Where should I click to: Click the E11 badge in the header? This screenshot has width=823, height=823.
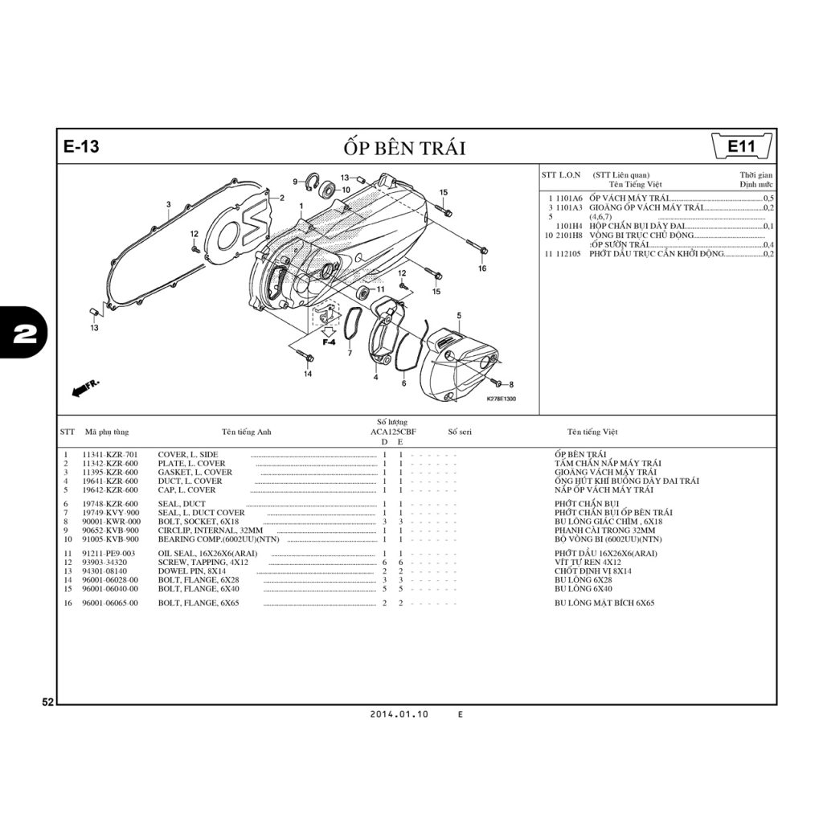point(740,147)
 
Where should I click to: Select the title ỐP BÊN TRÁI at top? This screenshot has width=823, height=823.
point(403,148)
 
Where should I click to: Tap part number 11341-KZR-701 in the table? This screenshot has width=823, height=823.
point(110,455)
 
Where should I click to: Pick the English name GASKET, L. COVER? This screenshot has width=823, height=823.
point(194,473)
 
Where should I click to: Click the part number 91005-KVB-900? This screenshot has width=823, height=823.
point(110,539)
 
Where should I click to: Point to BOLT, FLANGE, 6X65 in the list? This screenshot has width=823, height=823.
point(198,603)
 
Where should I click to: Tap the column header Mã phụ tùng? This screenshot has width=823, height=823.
point(106,432)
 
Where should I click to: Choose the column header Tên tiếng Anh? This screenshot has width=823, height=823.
point(247,432)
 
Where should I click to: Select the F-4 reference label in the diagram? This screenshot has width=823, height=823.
point(329,342)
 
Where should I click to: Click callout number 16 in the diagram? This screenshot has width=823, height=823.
point(482,268)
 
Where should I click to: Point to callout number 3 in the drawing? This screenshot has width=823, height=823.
point(168,204)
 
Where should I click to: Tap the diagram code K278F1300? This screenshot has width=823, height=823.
point(501,399)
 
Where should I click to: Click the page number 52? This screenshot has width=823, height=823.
point(47,702)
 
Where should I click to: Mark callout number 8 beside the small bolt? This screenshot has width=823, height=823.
point(511,385)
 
